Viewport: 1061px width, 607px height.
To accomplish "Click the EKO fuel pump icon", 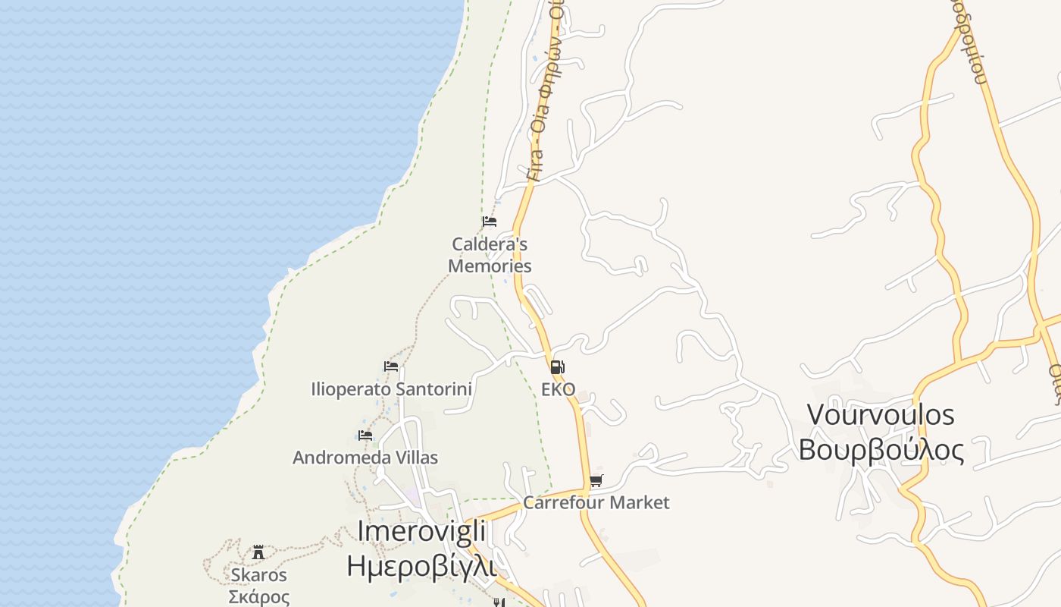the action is pos(557,368).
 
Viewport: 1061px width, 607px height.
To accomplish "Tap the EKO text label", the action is pos(558,390).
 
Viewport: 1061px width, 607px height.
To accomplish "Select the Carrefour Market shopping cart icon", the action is pos(596,480).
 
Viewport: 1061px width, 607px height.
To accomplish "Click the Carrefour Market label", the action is pos(596,502).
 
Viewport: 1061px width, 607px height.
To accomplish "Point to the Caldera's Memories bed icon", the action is pos(490,222).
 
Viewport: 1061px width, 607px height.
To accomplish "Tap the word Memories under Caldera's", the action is pos(490,266).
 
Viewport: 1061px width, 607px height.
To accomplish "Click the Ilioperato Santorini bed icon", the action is pos(391,366).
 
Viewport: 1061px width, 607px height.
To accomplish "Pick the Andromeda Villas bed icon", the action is pos(365,435).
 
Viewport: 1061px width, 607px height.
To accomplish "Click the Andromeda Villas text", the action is pos(365,458).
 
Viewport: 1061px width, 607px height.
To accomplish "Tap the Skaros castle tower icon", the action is pos(258,552).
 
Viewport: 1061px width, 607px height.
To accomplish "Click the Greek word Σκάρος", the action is pos(259,597).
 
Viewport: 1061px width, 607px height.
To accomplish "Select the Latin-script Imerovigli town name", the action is pos(421,531).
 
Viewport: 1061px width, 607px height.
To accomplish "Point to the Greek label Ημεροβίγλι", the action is pos(421,566).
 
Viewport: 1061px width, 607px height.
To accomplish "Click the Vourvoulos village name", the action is pos(881,415).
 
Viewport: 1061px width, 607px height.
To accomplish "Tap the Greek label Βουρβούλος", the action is pos(881,450).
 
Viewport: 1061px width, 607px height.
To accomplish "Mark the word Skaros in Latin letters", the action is pos(259,575).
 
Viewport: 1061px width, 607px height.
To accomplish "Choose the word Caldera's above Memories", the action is pos(490,244).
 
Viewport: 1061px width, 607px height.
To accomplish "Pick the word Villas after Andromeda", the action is pos(416,458).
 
